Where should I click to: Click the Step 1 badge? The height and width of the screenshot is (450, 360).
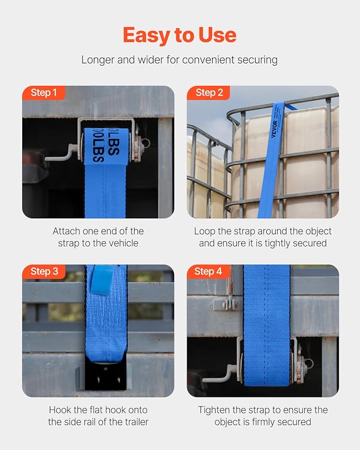43,93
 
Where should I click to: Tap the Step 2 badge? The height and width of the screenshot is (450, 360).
208,93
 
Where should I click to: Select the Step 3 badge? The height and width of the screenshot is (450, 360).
43,271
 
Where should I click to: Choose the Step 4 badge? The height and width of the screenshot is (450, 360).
208,271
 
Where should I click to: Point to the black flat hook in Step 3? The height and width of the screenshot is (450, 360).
106,377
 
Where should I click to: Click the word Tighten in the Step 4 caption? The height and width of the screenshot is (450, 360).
215,410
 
